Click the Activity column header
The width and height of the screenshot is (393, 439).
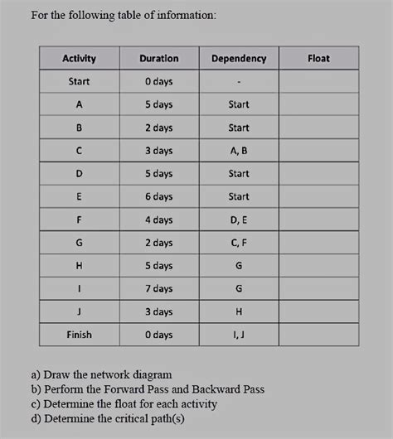point(80,59)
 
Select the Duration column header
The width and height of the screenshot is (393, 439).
point(158,59)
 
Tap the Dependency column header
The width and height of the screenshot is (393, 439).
point(239,59)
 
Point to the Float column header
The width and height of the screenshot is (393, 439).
point(318,59)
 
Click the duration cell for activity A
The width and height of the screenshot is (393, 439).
point(158,105)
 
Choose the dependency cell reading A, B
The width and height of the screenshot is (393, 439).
point(239,151)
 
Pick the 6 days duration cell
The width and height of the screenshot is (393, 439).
point(158,197)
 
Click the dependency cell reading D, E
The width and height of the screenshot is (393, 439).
point(239,219)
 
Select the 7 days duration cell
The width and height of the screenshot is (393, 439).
point(158,288)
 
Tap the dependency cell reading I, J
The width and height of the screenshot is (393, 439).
point(239,335)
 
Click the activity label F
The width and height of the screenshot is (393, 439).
point(80,219)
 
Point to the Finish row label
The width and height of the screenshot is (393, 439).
point(80,335)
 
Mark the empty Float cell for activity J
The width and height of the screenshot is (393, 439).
point(318,311)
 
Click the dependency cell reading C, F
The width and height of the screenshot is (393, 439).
point(239,243)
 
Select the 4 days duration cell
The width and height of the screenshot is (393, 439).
point(158,219)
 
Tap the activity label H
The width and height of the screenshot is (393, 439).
point(80,266)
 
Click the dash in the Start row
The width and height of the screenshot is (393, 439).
point(239,82)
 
